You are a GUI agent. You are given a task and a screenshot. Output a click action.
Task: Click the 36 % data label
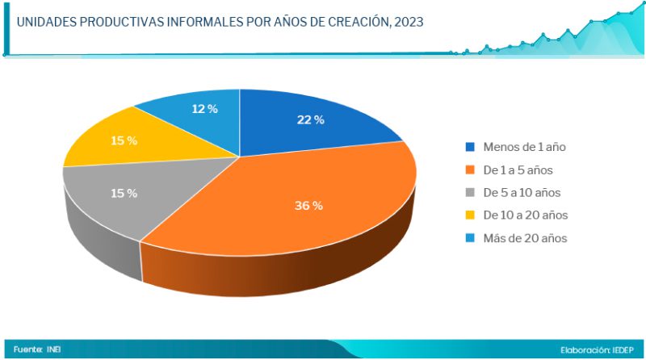click(308, 206)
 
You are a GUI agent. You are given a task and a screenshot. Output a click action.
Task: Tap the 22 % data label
click(310, 120)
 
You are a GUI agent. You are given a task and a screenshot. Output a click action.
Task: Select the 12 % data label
click(204, 109)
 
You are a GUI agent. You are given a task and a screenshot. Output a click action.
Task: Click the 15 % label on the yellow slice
click(124, 140)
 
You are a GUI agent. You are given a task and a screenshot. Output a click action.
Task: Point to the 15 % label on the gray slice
click(124, 194)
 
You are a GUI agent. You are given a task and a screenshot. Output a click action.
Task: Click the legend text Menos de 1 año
click(523, 147)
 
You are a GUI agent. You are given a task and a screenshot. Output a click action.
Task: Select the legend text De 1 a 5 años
click(518, 170)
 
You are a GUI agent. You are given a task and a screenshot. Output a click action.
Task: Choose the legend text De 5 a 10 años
click(522, 193)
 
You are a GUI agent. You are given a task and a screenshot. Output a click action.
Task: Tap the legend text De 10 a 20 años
click(526, 216)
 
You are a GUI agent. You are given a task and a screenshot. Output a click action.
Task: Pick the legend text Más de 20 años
click(525, 238)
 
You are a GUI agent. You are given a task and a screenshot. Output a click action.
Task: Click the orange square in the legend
click(470, 170)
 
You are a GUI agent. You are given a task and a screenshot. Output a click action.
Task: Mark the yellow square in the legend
click(470, 216)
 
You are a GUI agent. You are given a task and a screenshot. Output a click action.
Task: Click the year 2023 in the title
click(406, 22)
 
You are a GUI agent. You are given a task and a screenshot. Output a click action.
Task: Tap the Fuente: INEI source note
click(37, 350)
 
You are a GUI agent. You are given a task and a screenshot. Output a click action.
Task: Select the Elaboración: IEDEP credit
click(596, 350)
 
